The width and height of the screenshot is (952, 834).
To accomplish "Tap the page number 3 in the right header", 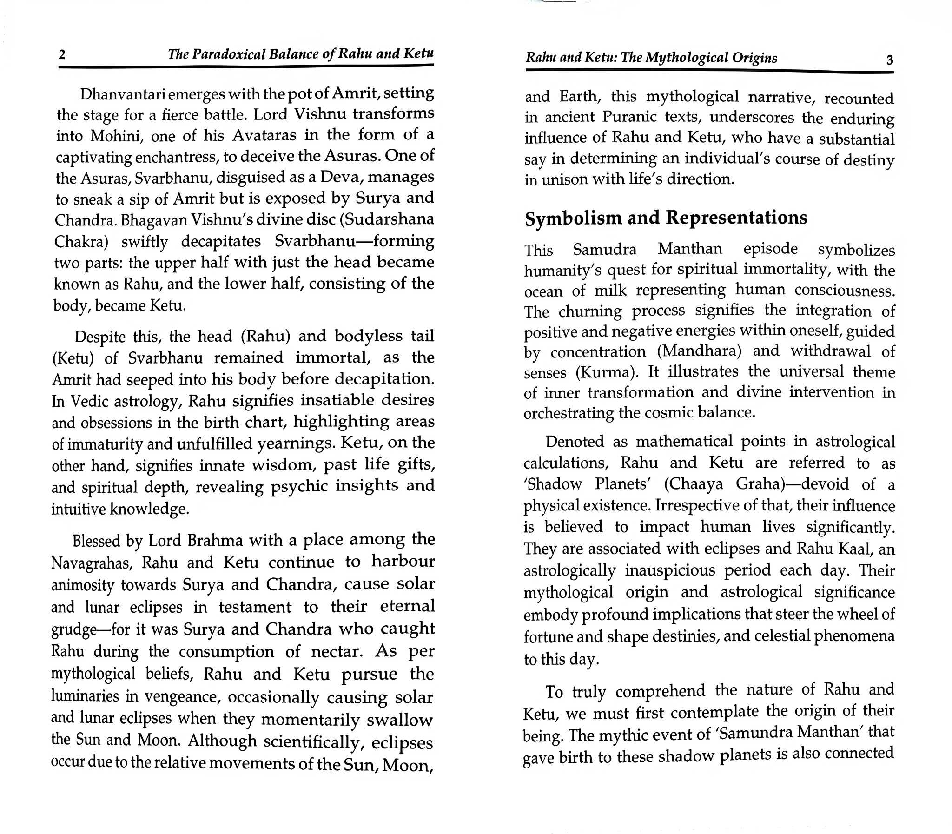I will point(890,60).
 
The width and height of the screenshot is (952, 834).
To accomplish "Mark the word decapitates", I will point(221,242).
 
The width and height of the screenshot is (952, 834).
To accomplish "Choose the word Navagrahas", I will point(92,563).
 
